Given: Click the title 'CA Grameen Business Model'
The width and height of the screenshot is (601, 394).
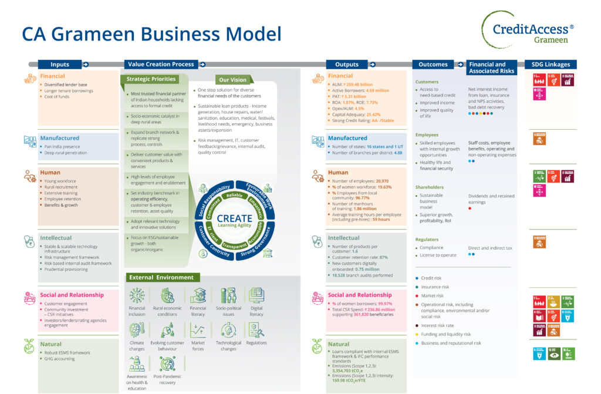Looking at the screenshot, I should tap(151, 33).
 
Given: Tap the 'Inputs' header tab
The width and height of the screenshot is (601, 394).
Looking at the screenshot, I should tap(60, 65).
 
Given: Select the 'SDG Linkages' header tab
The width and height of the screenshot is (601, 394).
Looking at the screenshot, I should tap(551, 65).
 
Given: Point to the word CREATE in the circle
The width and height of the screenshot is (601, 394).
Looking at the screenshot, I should tap(234, 218).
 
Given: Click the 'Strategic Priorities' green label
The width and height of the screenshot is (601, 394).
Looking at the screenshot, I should tap(151, 79).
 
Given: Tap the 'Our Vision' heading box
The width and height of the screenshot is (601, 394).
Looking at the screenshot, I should tap(233, 80).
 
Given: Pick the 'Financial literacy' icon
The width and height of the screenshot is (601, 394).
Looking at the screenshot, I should tap(198, 295).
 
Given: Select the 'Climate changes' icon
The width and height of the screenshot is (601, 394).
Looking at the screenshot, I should tap(137, 330).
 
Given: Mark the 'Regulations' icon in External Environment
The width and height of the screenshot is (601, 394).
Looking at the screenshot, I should tap(256, 330).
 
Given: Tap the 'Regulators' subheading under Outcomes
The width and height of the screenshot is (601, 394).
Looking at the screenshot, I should tap(427, 240).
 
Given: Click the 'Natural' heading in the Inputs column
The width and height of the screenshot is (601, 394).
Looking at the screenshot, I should tap(51, 344).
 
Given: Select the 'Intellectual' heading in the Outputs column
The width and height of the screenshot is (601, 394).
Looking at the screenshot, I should tap(343, 238).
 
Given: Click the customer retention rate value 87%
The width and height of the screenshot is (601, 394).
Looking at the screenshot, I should tap(384, 257).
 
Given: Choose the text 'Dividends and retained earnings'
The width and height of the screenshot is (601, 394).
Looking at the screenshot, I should tap(491, 199).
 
